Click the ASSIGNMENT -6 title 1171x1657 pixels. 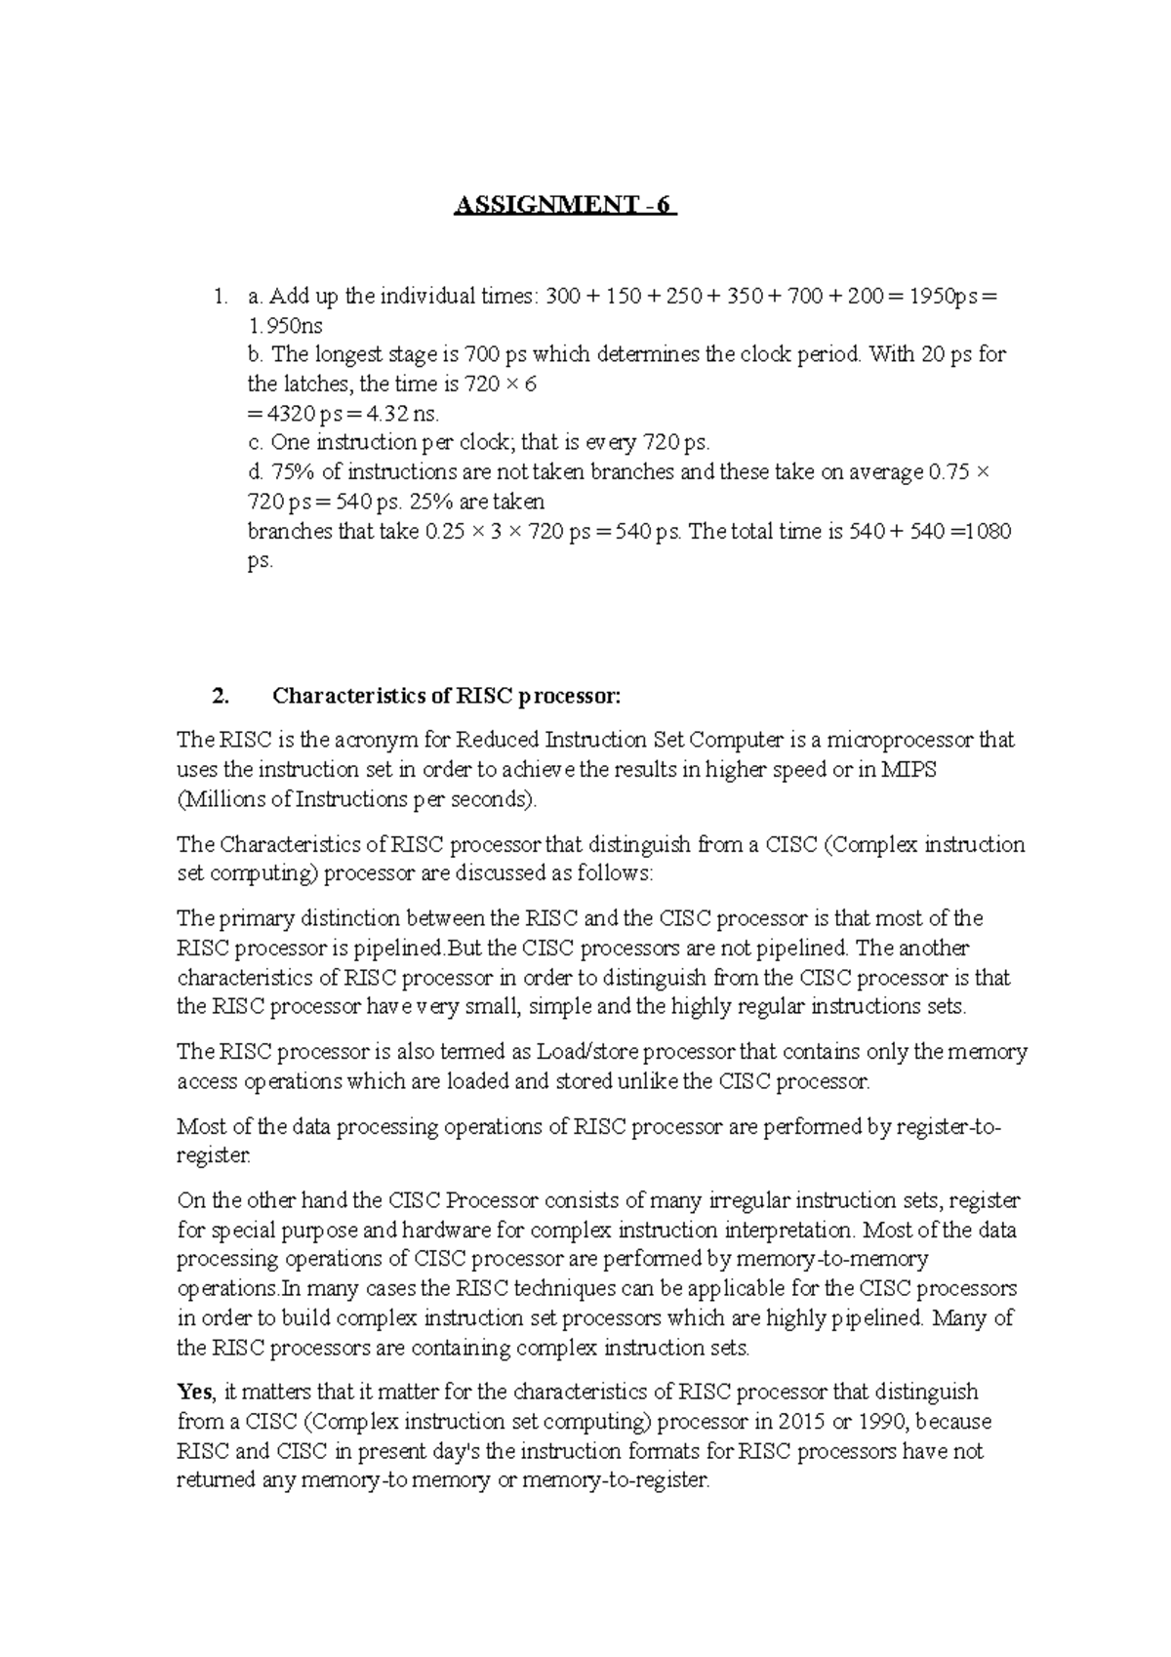tap(565, 206)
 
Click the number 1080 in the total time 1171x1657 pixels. tap(987, 532)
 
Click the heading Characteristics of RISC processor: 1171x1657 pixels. tap(446, 696)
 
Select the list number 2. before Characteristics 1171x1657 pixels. tap(221, 696)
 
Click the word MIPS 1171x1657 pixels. tap(908, 769)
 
